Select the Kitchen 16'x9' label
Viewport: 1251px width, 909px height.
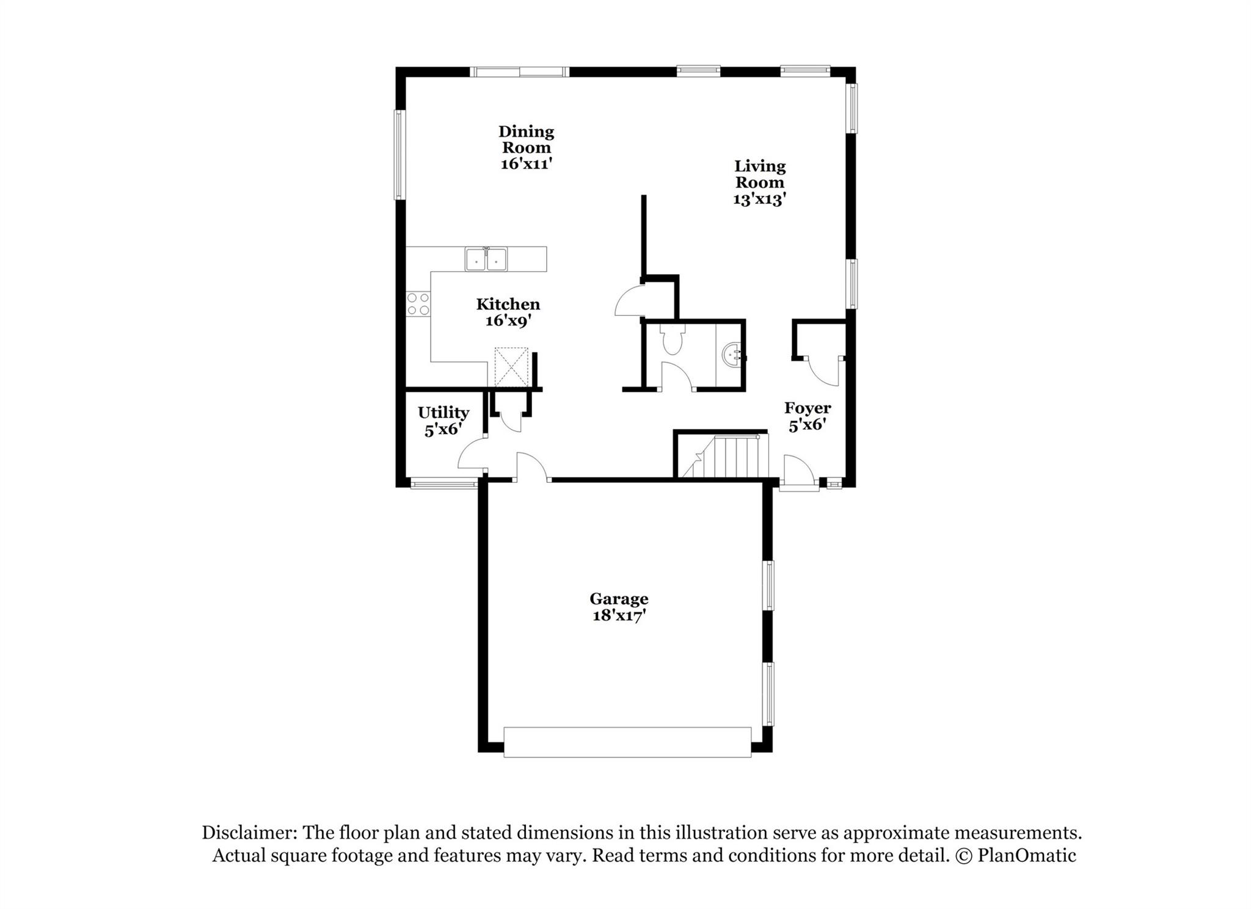click(508, 312)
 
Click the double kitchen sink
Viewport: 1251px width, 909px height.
click(486, 259)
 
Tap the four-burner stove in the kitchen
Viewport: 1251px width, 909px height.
click(418, 304)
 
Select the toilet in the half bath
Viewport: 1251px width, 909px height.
click(672, 340)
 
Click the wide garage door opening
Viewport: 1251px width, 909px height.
click(627, 742)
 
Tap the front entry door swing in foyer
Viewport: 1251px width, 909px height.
click(799, 471)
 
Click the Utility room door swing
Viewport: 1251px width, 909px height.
click(472, 458)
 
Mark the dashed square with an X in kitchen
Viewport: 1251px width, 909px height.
click(511, 367)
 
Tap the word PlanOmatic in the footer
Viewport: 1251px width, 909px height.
click(1027, 856)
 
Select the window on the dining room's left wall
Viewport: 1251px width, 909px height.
click(399, 154)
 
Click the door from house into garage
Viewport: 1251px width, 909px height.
click(532, 468)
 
